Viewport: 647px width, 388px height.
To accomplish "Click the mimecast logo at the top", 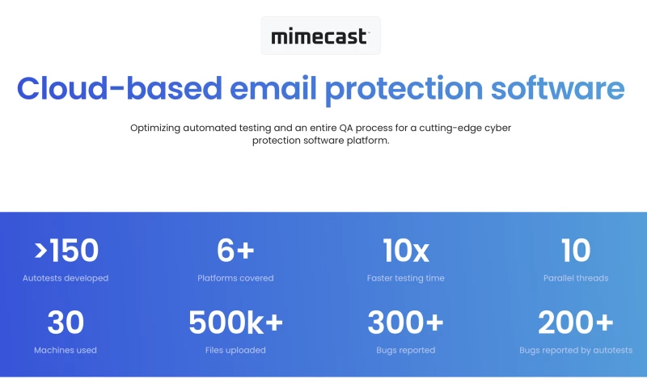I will click(x=320, y=36).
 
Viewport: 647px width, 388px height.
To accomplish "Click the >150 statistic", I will click(x=66, y=251).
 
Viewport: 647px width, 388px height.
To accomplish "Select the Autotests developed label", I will click(x=66, y=278).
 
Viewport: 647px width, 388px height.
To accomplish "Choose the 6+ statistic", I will click(x=235, y=251).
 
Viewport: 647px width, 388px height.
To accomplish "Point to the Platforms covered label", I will click(x=235, y=278).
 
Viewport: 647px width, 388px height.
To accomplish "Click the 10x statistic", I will click(x=405, y=251).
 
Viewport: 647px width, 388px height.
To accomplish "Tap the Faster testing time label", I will click(x=405, y=278).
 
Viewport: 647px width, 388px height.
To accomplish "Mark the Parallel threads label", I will click(x=576, y=278).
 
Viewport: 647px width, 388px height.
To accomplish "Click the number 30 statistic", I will click(x=66, y=323).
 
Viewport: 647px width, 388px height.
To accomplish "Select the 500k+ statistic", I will click(x=235, y=323).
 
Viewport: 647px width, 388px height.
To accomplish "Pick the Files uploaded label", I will click(x=235, y=350).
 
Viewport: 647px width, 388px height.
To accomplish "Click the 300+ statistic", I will click(x=405, y=323).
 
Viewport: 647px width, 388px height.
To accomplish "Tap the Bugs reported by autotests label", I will click(x=576, y=350).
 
